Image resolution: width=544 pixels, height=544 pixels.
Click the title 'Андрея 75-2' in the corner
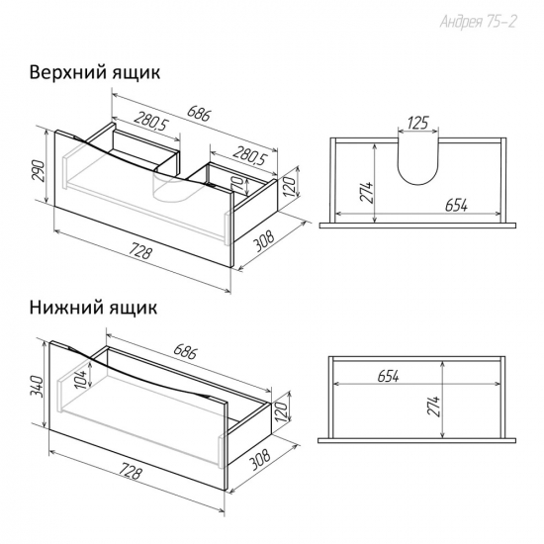point(479,22)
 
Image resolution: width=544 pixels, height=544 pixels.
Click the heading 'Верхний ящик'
point(95,73)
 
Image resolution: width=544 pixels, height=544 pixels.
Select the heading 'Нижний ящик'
point(93,308)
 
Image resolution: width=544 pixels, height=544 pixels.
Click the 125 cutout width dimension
point(417,123)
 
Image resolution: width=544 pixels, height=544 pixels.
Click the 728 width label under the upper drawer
point(141,251)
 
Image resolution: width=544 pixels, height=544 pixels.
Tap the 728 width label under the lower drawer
point(131,471)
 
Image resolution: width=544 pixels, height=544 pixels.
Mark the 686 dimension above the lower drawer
point(185,351)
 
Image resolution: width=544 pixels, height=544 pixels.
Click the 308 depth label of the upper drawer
point(263,239)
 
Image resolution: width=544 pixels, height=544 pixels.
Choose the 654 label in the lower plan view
point(388,376)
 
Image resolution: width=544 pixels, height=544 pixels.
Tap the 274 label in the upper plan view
point(367,192)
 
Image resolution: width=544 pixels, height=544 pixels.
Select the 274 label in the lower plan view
point(434,406)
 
